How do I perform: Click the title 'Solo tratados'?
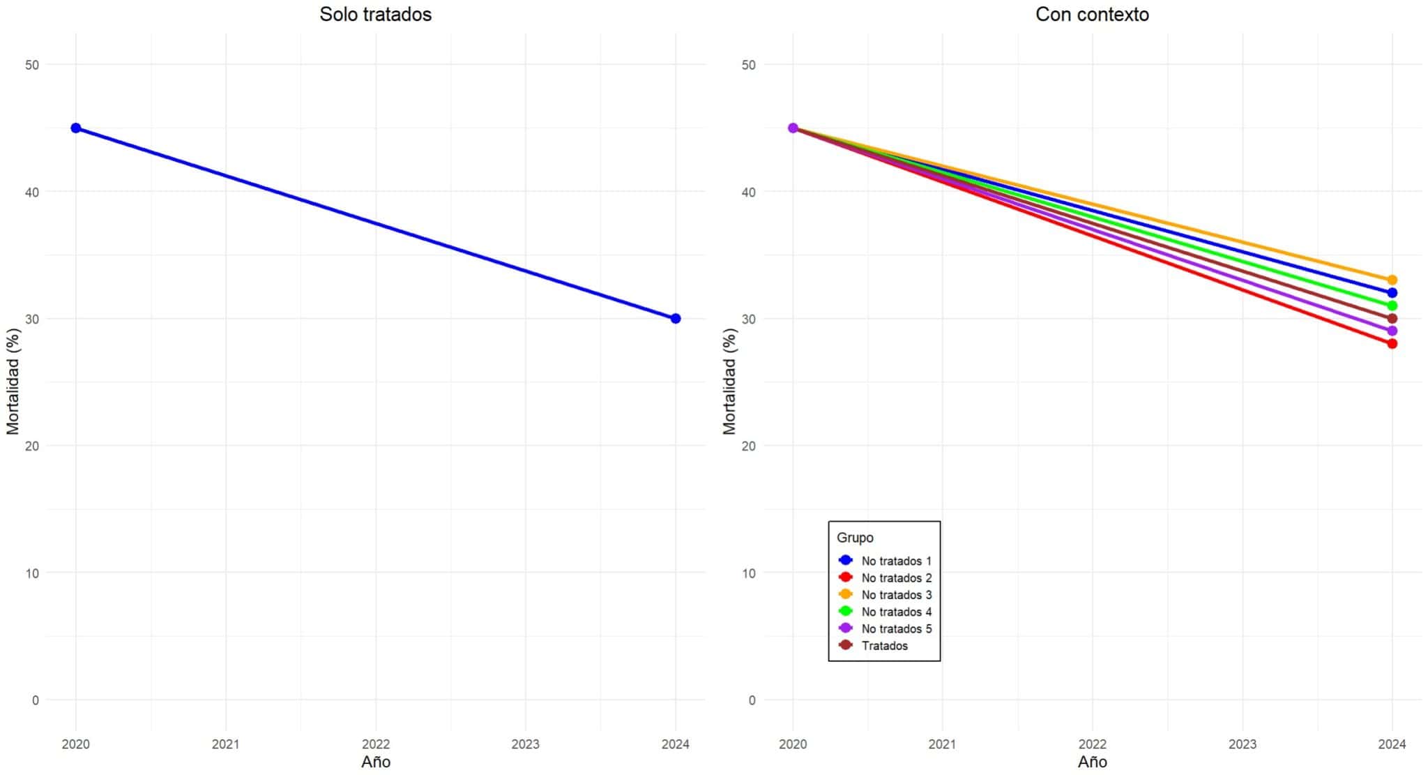pyautogui.click(x=375, y=14)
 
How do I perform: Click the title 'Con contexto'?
pyautogui.click(x=1092, y=14)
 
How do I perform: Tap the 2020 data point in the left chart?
pyautogui.click(x=76, y=128)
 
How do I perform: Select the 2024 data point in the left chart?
pyautogui.click(x=675, y=318)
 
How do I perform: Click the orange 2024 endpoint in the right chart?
pyautogui.click(x=1392, y=280)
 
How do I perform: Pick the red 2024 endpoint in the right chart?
pyautogui.click(x=1392, y=343)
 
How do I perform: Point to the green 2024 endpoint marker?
pyautogui.click(x=1392, y=306)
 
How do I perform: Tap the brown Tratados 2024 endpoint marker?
pyautogui.click(x=1392, y=318)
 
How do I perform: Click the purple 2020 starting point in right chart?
pyautogui.click(x=793, y=128)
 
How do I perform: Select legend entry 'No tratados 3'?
pyautogui.click(x=896, y=594)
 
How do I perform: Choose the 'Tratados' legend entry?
pyautogui.click(x=884, y=645)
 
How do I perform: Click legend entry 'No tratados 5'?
pyautogui.click(x=896, y=629)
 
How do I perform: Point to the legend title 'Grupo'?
pyautogui.click(x=855, y=537)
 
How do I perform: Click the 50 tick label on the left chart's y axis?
pyautogui.click(x=32, y=65)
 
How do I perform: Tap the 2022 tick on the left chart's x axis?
pyautogui.click(x=375, y=744)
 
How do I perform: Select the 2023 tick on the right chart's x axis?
pyautogui.click(x=1242, y=744)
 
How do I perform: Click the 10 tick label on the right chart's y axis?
pyautogui.click(x=748, y=573)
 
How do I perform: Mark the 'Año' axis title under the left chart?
pyautogui.click(x=375, y=762)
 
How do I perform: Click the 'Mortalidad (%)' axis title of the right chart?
pyautogui.click(x=729, y=381)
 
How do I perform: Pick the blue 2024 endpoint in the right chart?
pyautogui.click(x=1392, y=293)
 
